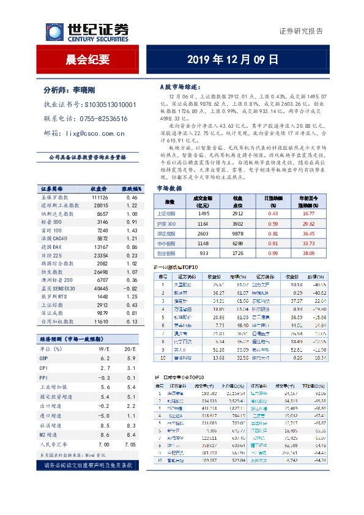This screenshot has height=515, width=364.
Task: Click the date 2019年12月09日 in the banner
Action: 232,59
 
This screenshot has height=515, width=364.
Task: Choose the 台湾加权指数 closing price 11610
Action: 100,321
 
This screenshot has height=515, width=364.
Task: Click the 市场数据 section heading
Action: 169,188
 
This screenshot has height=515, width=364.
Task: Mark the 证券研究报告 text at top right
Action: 300,31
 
